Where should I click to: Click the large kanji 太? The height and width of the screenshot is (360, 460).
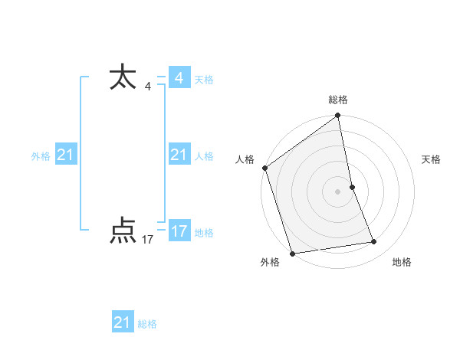[123, 77]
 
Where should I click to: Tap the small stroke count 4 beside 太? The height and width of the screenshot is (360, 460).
[148, 87]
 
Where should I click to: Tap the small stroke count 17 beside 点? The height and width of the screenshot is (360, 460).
[148, 240]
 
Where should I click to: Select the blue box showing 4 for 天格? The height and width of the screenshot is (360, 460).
[179, 78]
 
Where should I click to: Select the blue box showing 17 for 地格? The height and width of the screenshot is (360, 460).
[179, 231]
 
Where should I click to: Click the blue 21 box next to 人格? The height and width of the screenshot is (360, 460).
[179, 155]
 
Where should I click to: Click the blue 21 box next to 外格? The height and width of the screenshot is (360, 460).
[66, 155]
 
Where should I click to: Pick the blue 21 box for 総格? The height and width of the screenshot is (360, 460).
[122, 322]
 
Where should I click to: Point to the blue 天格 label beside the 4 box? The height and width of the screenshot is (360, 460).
[204, 80]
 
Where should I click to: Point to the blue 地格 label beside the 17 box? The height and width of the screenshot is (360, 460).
[204, 232]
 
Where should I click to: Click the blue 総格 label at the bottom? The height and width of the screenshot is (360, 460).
[147, 324]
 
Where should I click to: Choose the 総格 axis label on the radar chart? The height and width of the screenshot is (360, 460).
[338, 100]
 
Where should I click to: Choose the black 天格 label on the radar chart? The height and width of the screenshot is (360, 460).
[432, 159]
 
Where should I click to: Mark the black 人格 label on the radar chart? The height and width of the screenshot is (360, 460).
[245, 159]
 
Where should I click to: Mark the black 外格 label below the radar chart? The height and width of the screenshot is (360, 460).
[269, 262]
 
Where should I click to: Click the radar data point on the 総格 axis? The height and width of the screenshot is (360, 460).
[338, 116]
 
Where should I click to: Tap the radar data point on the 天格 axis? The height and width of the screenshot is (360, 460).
[352, 186]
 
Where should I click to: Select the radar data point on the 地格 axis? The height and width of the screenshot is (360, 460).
[374, 242]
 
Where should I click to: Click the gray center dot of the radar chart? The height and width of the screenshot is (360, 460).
[338, 191]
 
